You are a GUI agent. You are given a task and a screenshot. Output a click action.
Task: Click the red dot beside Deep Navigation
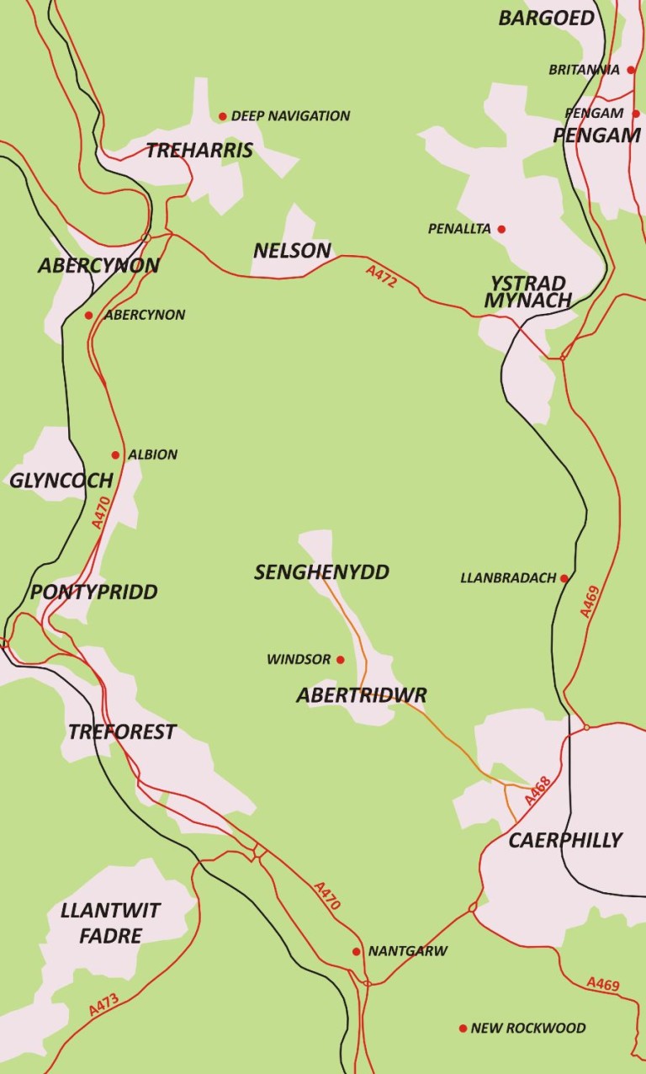pos(223,116)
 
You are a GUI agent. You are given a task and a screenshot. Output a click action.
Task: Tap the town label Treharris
pos(199,151)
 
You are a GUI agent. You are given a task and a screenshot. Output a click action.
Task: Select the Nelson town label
pos(292,250)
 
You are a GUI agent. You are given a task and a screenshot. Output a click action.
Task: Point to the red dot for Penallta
pos(501,229)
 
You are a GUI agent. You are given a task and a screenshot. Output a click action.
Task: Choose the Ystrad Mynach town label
pos(528,291)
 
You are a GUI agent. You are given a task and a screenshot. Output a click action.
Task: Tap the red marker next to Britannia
pos(631,70)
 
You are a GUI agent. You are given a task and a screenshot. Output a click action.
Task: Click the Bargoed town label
pos(547,19)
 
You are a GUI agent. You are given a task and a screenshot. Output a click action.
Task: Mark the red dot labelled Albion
pos(116,455)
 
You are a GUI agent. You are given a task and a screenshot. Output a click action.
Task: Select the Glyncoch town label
pos(61,481)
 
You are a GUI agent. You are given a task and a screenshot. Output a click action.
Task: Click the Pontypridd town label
pos(94,592)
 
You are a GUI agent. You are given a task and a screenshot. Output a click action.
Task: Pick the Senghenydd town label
pos(322,572)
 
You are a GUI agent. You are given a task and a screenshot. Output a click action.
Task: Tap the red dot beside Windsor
pos(341,660)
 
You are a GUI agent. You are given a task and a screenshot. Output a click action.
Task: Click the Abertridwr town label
pos(362,695)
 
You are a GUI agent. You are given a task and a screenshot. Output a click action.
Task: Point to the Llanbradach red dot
pos(564,578)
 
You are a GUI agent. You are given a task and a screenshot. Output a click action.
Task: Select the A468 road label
pos(537,791)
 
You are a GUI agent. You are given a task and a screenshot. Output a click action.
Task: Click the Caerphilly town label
pos(565,840)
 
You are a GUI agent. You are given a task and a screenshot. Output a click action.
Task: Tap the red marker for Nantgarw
pos(357,951)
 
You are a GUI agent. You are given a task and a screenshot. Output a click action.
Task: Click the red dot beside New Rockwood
pos(463,1028)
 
